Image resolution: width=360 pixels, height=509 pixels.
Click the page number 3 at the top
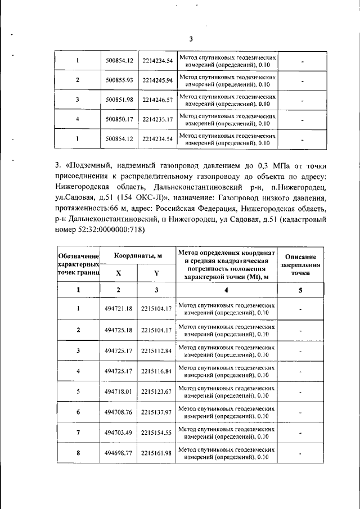pyautogui.click(x=191, y=39)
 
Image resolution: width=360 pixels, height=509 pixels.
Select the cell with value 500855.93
pyautogui.click(x=119, y=80)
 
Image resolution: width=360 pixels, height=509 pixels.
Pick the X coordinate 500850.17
pyautogui.click(x=119, y=119)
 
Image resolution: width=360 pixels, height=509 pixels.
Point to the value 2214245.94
pyautogui.click(x=157, y=80)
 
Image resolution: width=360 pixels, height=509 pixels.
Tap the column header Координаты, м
pyautogui.click(x=138, y=256)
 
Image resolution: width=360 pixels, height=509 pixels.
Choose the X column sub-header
pyautogui.click(x=119, y=272)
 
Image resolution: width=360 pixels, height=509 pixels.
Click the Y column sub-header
pyautogui.click(x=157, y=272)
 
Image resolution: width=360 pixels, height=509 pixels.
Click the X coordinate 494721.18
pyautogui.click(x=119, y=308)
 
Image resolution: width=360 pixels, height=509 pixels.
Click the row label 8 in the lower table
pyautogui.click(x=78, y=453)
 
